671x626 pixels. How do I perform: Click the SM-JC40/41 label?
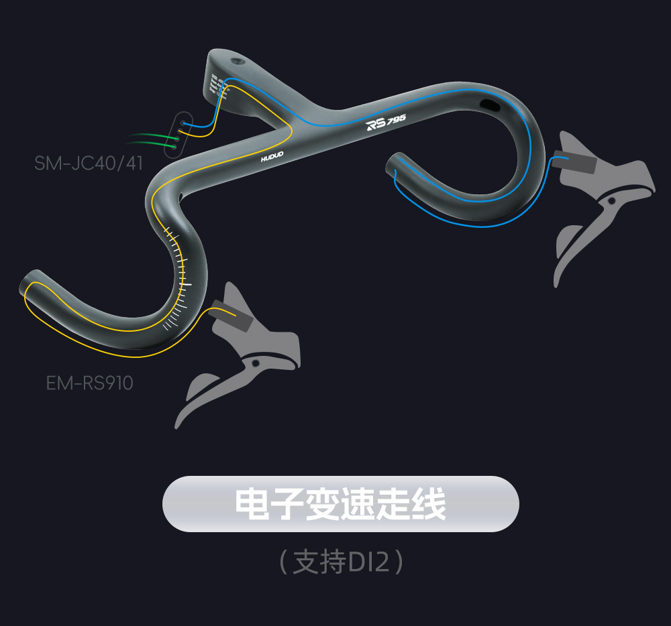89,162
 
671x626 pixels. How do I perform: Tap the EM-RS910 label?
89,383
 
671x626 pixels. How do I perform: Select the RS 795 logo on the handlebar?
385,123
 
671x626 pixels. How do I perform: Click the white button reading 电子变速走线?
340,504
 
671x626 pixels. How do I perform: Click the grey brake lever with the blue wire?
601,201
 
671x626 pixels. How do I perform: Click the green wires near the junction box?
151,140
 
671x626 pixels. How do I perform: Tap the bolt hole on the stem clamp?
238,61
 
